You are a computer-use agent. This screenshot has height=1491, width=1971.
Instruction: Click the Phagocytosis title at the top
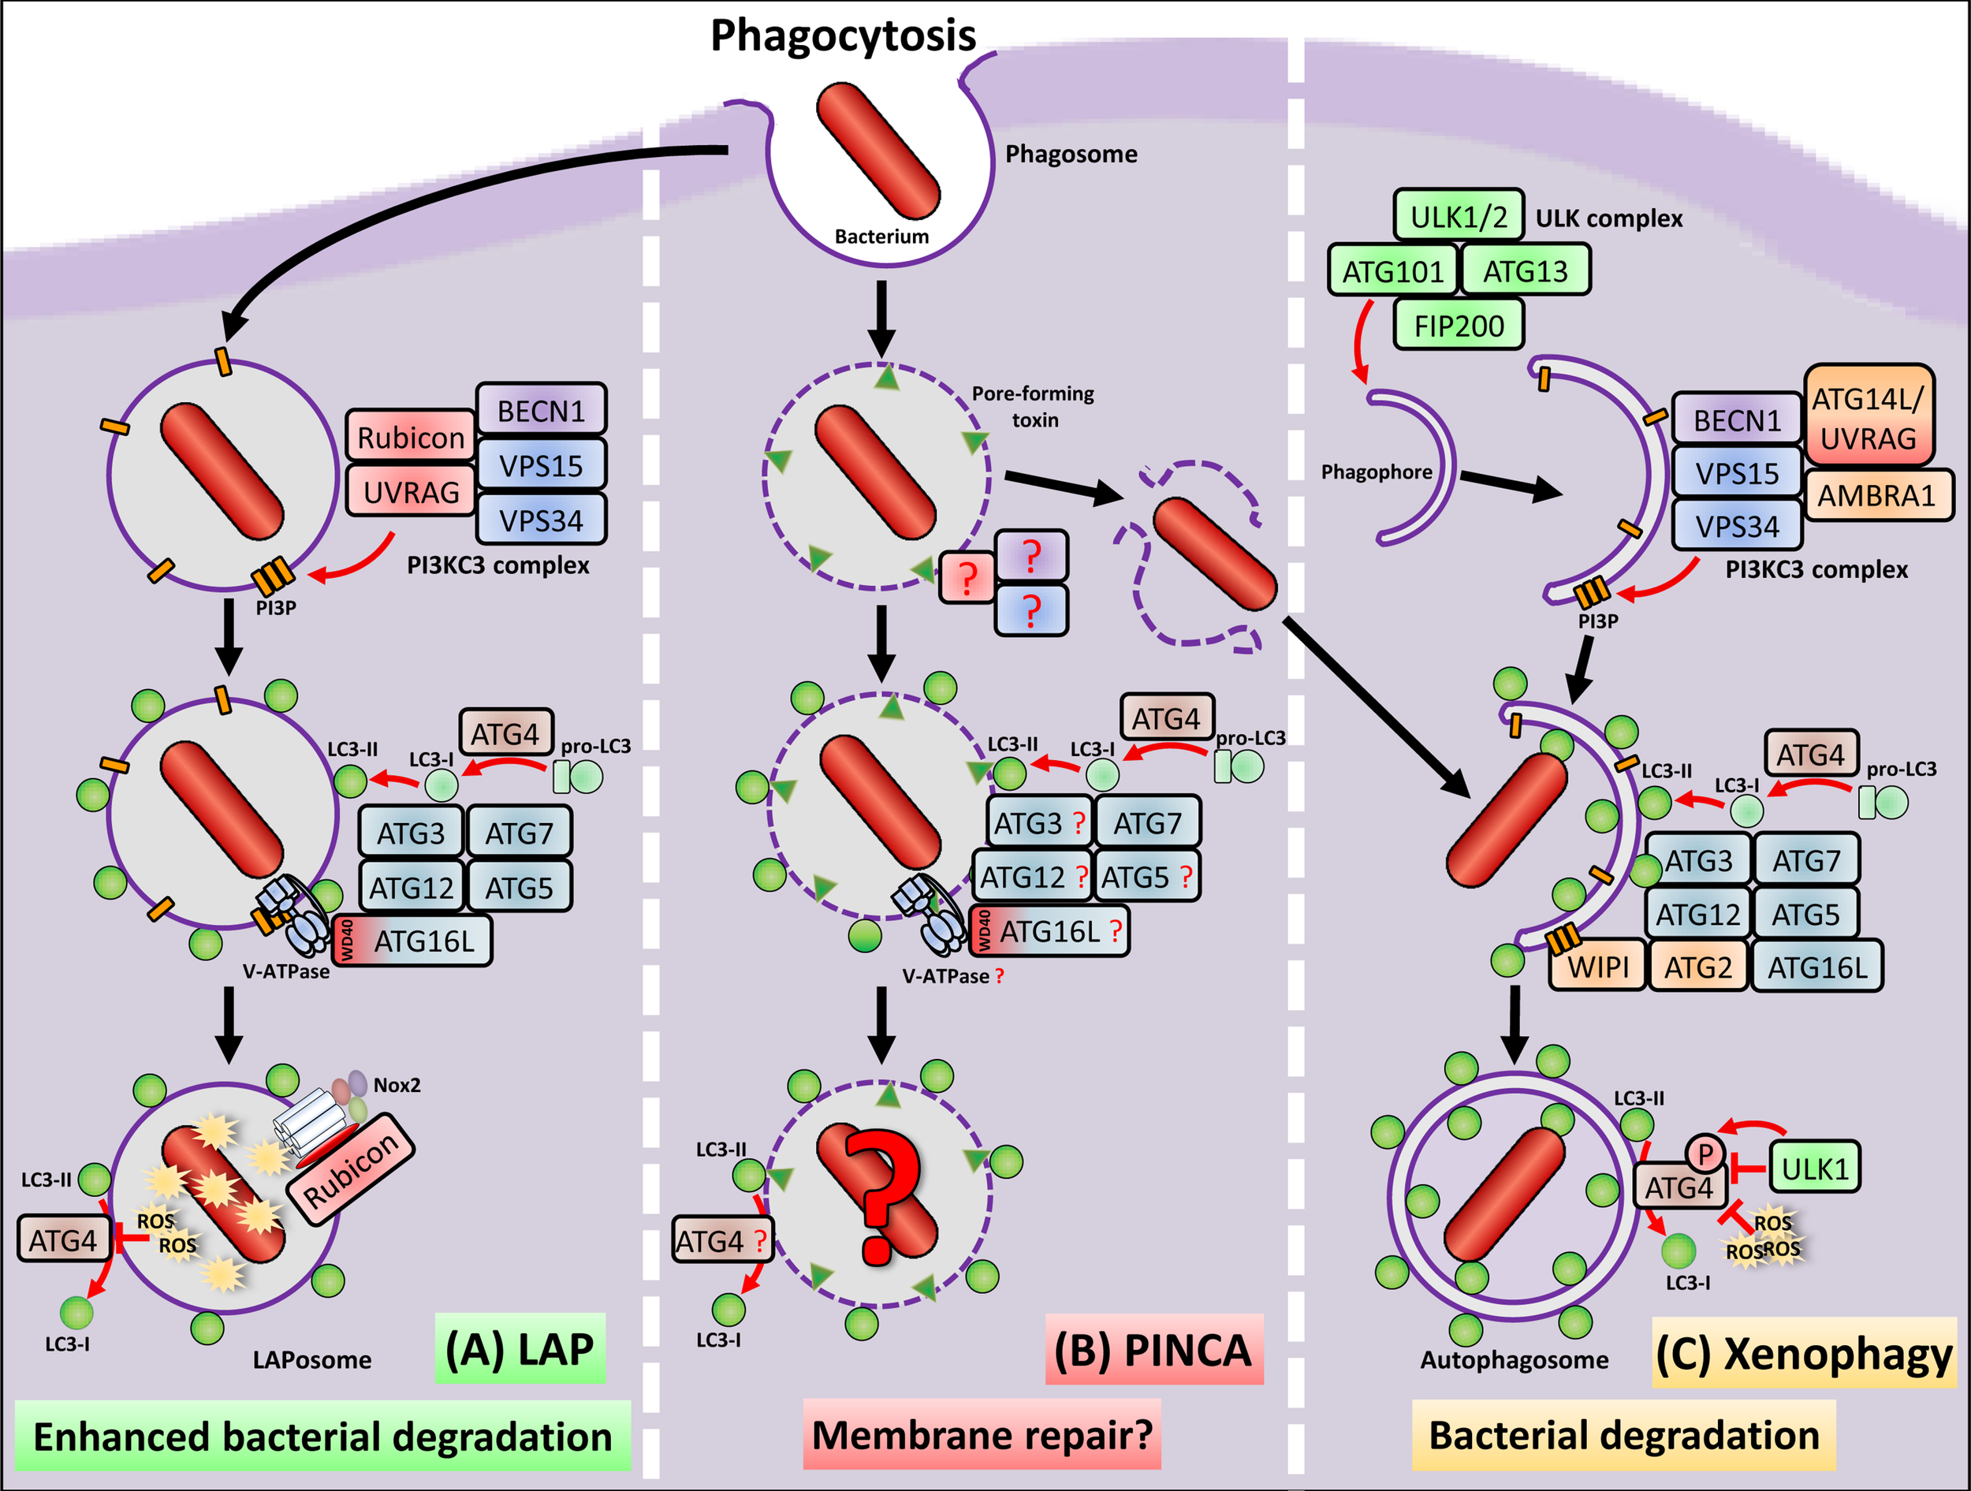842,35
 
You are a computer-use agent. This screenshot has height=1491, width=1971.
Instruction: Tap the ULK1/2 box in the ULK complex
1458,216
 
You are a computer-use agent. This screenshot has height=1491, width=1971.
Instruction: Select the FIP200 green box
1458,326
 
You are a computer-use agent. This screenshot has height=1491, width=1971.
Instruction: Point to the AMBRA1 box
1876,495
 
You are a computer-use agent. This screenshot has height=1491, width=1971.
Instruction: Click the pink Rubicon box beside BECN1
410,437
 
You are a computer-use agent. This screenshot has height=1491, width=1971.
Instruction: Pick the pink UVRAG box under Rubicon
410,491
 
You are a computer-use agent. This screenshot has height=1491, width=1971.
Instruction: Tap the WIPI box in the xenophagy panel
1597,967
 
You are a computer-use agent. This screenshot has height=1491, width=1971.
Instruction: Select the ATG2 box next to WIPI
1697,967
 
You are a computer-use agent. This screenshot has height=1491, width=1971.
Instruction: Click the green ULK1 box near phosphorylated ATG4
1814,1168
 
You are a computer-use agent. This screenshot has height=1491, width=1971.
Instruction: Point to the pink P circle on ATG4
1705,1155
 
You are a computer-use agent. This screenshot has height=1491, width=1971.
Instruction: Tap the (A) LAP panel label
520,1349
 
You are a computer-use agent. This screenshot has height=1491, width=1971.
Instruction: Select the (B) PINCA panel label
1153,1349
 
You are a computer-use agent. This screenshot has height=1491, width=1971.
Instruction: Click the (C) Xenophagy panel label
1804,1354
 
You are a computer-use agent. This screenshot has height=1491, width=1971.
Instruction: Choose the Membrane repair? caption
982,1436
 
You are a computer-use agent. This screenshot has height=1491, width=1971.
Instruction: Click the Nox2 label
397,1086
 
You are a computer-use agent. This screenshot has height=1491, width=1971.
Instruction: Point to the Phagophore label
1376,472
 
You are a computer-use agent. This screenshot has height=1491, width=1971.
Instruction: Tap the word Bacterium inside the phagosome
881,237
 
